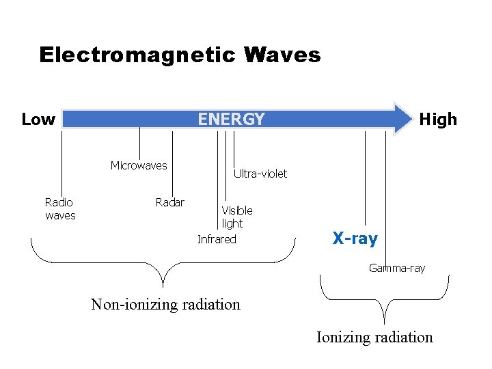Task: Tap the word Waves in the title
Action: pyautogui.click(x=285, y=55)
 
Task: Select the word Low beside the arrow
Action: pyautogui.click(x=38, y=120)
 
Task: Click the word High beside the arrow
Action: pyautogui.click(x=438, y=120)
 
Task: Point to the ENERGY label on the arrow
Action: pyautogui.click(x=231, y=120)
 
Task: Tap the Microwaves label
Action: pyautogui.click(x=139, y=165)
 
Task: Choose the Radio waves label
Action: pyautogui.click(x=60, y=208)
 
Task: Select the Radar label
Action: pyautogui.click(x=169, y=202)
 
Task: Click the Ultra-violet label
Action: pyautogui.click(x=260, y=174)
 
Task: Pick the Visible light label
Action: pyautogui.click(x=236, y=217)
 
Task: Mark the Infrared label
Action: pyautogui.click(x=217, y=239)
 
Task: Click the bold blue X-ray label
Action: pyautogui.click(x=355, y=238)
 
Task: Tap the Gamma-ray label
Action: pyautogui.click(x=397, y=268)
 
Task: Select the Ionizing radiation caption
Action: pyautogui.click(x=374, y=337)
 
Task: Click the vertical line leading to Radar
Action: pyautogui.click(x=172, y=164)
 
